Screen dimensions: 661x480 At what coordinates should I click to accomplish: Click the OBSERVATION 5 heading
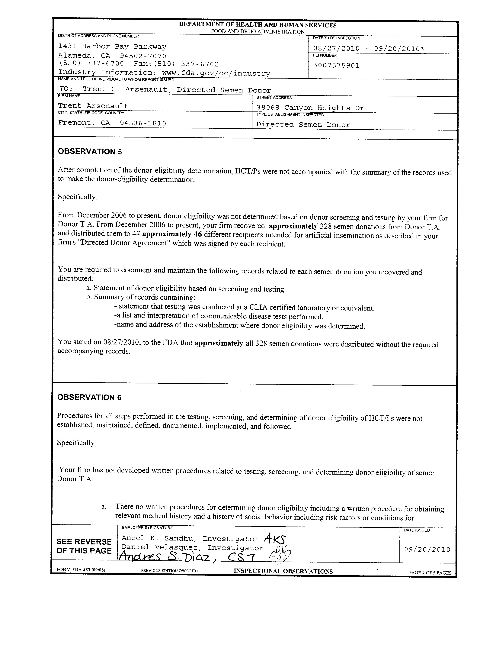tap(90, 152)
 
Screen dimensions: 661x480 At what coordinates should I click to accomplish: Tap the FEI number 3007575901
tap(336, 65)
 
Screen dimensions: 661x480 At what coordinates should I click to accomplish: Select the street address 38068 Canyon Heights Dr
tap(310, 108)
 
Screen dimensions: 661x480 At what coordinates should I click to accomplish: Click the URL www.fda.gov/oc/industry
tap(216, 73)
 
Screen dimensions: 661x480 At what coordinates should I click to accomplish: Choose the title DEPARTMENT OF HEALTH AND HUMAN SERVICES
tap(258, 25)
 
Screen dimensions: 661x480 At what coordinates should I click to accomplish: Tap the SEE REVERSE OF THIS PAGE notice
tap(84, 546)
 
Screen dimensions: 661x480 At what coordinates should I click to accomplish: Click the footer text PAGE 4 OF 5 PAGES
tap(430, 573)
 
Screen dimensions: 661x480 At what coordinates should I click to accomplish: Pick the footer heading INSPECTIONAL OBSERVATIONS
tap(283, 571)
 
